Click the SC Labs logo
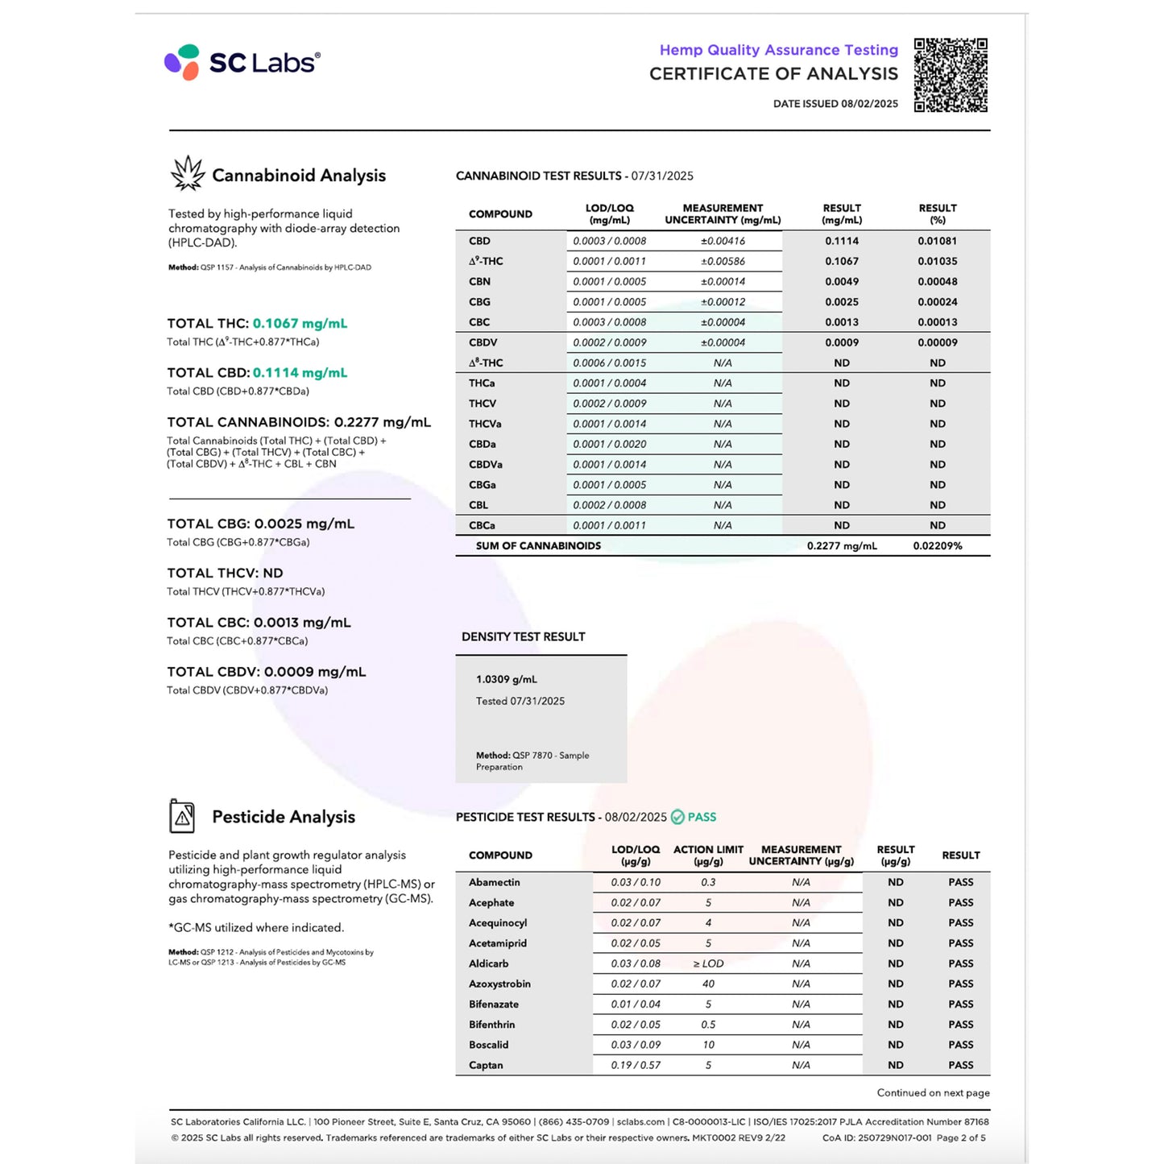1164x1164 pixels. (242, 62)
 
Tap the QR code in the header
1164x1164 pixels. (951, 75)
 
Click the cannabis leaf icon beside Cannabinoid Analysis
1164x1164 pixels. (188, 174)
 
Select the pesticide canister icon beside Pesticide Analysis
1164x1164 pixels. (182, 816)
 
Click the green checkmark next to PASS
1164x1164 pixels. (677, 817)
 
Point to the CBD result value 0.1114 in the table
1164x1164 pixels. (842, 241)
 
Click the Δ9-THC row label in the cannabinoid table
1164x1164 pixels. (486, 261)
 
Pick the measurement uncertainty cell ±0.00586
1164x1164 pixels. (723, 261)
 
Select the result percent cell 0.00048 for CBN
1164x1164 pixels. (937, 281)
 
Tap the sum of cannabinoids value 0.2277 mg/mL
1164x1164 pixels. (842, 545)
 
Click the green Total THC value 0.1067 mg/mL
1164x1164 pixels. (300, 323)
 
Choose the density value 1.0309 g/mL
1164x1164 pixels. (506, 679)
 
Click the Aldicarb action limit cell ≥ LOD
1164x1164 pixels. (708, 963)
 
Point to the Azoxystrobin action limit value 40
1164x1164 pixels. (708, 984)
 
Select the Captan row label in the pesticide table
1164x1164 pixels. (486, 1065)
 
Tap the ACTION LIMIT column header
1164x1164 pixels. (708, 855)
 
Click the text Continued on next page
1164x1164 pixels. (933, 1092)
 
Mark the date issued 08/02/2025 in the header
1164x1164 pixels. (869, 104)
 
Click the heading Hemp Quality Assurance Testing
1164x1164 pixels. (778, 50)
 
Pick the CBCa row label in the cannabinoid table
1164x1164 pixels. (482, 525)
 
